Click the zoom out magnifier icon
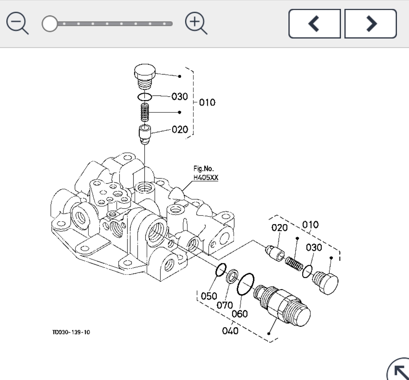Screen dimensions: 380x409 click(x=17, y=23)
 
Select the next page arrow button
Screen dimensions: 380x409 click(x=371, y=24)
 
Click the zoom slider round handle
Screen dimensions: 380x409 click(x=50, y=24)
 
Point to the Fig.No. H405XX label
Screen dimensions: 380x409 click(x=206, y=173)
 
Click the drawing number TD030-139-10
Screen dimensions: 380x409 click(x=71, y=332)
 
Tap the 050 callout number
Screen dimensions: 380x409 click(x=209, y=296)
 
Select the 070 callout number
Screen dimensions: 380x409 click(x=225, y=305)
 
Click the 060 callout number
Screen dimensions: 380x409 click(x=239, y=314)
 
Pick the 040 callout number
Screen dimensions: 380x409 click(x=230, y=331)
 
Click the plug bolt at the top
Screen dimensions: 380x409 click(x=145, y=76)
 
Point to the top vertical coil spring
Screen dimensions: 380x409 click(x=145, y=112)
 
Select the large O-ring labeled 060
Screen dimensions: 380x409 click(x=246, y=284)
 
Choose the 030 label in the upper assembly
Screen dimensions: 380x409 click(x=180, y=96)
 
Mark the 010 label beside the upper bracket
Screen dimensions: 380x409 click(x=207, y=102)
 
